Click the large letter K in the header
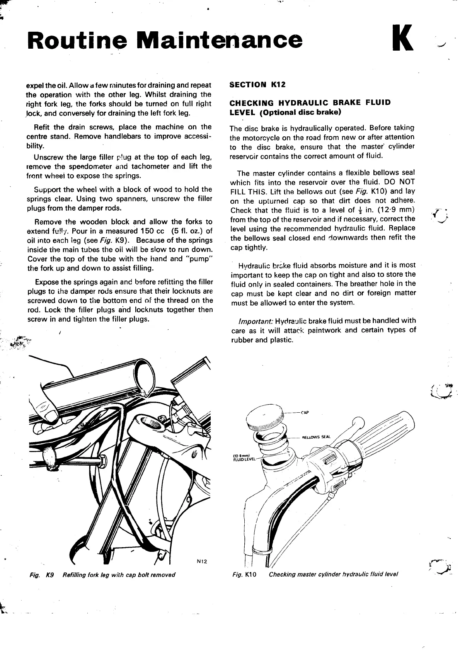(x=402, y=39)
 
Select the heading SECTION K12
(x=257, y=85)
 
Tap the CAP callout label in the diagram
(x=305, y=412)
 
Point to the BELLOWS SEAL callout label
(x=316, y=437)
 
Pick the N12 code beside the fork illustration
(x=202, y=561)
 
